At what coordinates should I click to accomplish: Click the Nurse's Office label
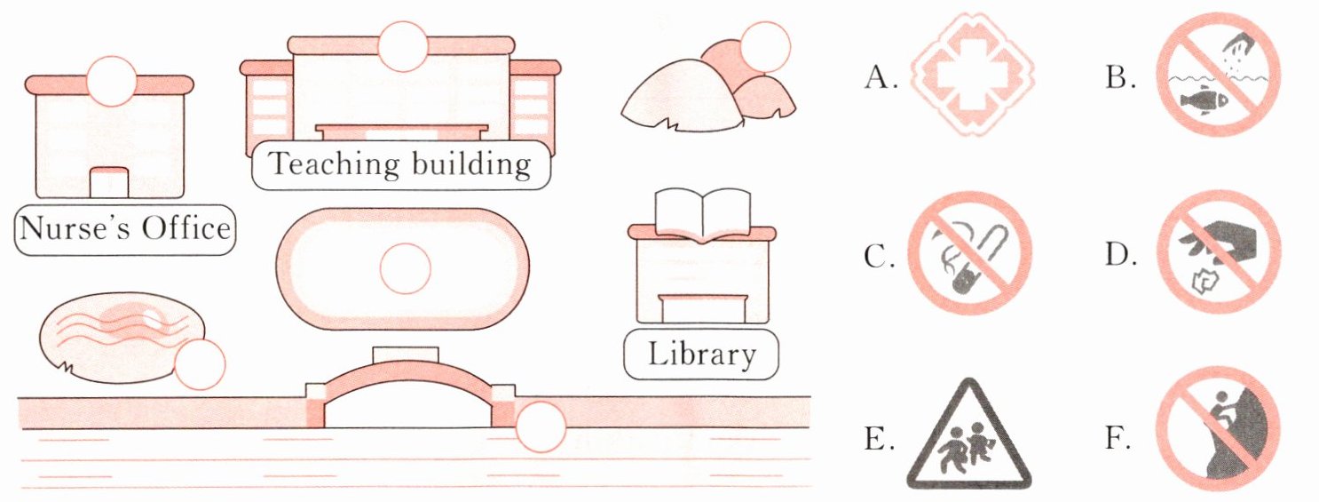point(125,230)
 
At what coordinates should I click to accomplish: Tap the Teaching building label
point(400,164)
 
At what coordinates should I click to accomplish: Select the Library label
point(701,355)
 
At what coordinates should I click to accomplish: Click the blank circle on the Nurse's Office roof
point(111,80)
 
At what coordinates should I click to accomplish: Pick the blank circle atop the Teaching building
point(403,46)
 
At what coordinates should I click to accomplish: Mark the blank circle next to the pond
point(199,364)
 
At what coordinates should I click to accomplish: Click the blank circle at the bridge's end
point(541,427)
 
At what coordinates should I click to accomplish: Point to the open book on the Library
point(702,214)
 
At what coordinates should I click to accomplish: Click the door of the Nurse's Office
point(110,182)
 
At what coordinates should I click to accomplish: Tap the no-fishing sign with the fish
point(1218,75)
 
